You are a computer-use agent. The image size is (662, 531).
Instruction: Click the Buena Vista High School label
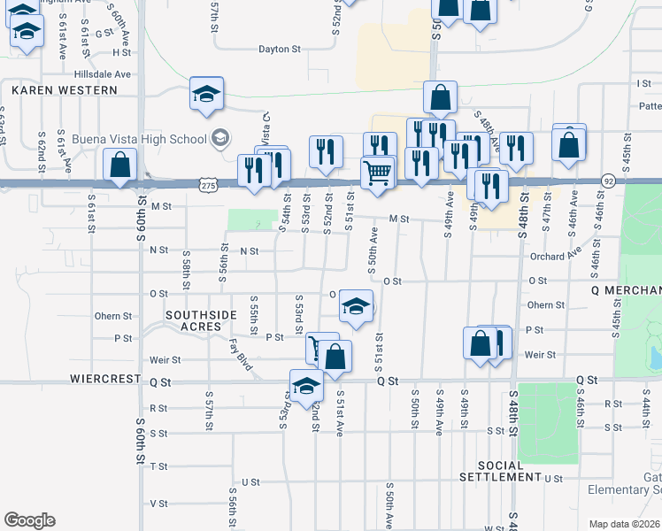pyautogui.click(x=138, y=139)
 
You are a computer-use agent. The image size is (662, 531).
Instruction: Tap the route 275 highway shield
pyautogui.click(x=207, y=184)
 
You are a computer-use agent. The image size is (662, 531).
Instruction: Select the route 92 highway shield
pyautogui.click(x=609, y=180)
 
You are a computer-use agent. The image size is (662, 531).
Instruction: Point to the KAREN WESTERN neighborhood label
pyautogui.click(x=65, y=90)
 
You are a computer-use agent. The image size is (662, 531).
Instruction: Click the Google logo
pyautogui.click(x=29, y=520)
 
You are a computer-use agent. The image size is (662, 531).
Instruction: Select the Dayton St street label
pyautogui.click(x=281, y=50)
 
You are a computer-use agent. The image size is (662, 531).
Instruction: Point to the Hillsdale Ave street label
pyautogui.click(x=103, y=74)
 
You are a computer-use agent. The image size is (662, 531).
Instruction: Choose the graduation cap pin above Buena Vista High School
pyautogui.click(x=205, y=94)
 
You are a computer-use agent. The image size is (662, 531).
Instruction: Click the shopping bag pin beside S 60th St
pyautogui.click(x=119, y=165)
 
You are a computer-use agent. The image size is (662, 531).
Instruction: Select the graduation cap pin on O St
pyautogui.click(x=356, y=307)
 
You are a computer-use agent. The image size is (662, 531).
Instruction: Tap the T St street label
pyautogui.click(x=159, y=466)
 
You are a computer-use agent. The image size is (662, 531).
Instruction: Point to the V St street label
pyautogui.click(x=159, y=503)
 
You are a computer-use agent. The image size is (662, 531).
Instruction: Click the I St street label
pyautogui.click(x=643, y=82)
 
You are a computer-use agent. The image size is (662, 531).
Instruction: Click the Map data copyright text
pyautogui.click(x=625, y=524)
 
